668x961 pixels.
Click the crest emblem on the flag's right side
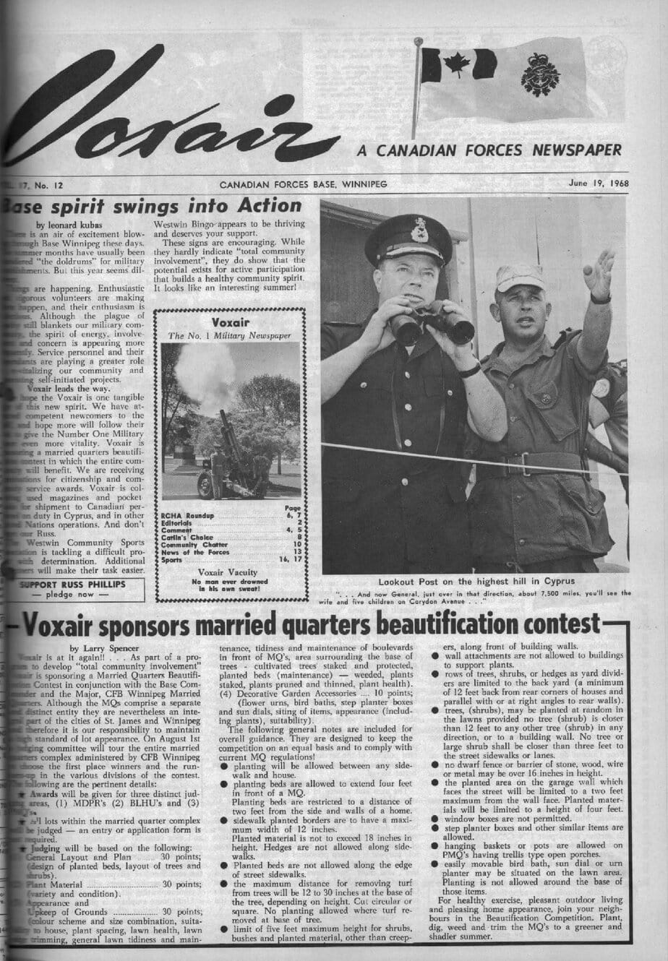pos(541,74)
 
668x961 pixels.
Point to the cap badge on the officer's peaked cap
pos(419,229)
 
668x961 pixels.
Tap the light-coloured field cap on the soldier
pos(520,277)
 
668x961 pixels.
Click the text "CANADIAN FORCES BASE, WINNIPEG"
pos(304,184)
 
